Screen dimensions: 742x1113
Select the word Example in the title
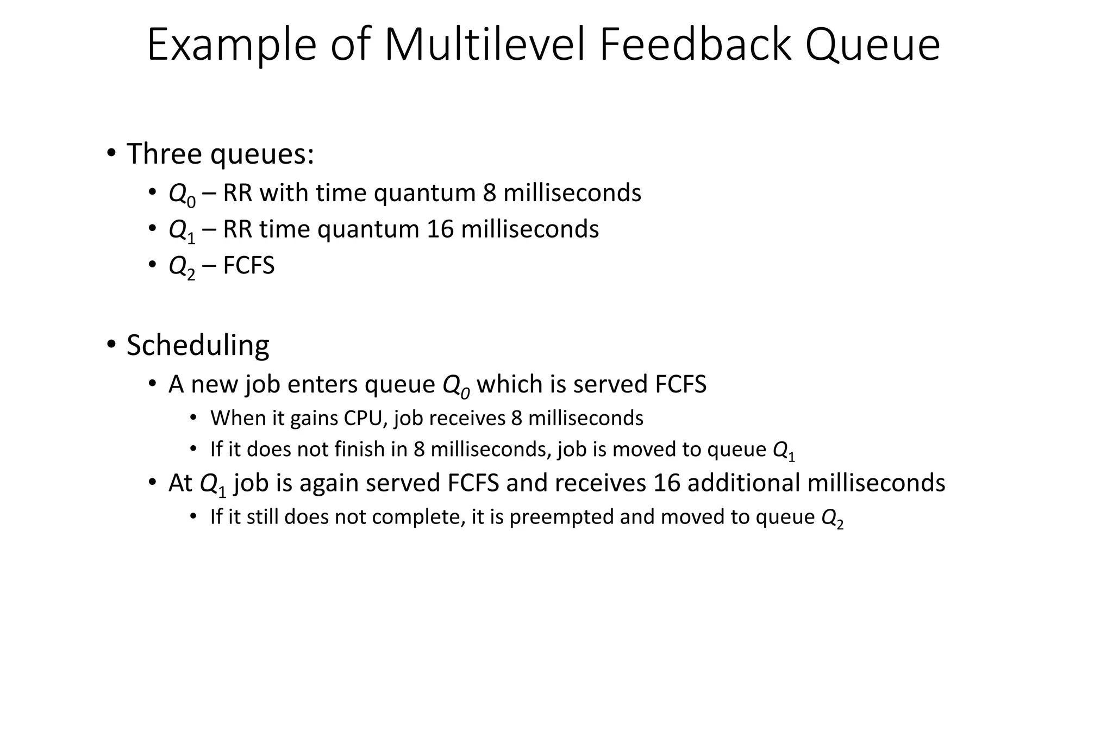tap(232, 46)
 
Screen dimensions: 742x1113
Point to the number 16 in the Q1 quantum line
tap(440, 229)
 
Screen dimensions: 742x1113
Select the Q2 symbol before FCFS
tap(182, 267)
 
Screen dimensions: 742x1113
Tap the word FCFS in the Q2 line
tap(249, 266)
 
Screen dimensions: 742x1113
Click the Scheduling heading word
tap(198, 345)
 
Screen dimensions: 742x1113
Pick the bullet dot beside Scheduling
tap(111, 344)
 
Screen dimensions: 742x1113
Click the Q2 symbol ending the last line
tap(832, 518)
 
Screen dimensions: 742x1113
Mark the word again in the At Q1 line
tap(329, 483)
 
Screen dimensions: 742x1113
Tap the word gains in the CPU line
tap(314, 419)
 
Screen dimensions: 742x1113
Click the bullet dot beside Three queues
tap(111, 153)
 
